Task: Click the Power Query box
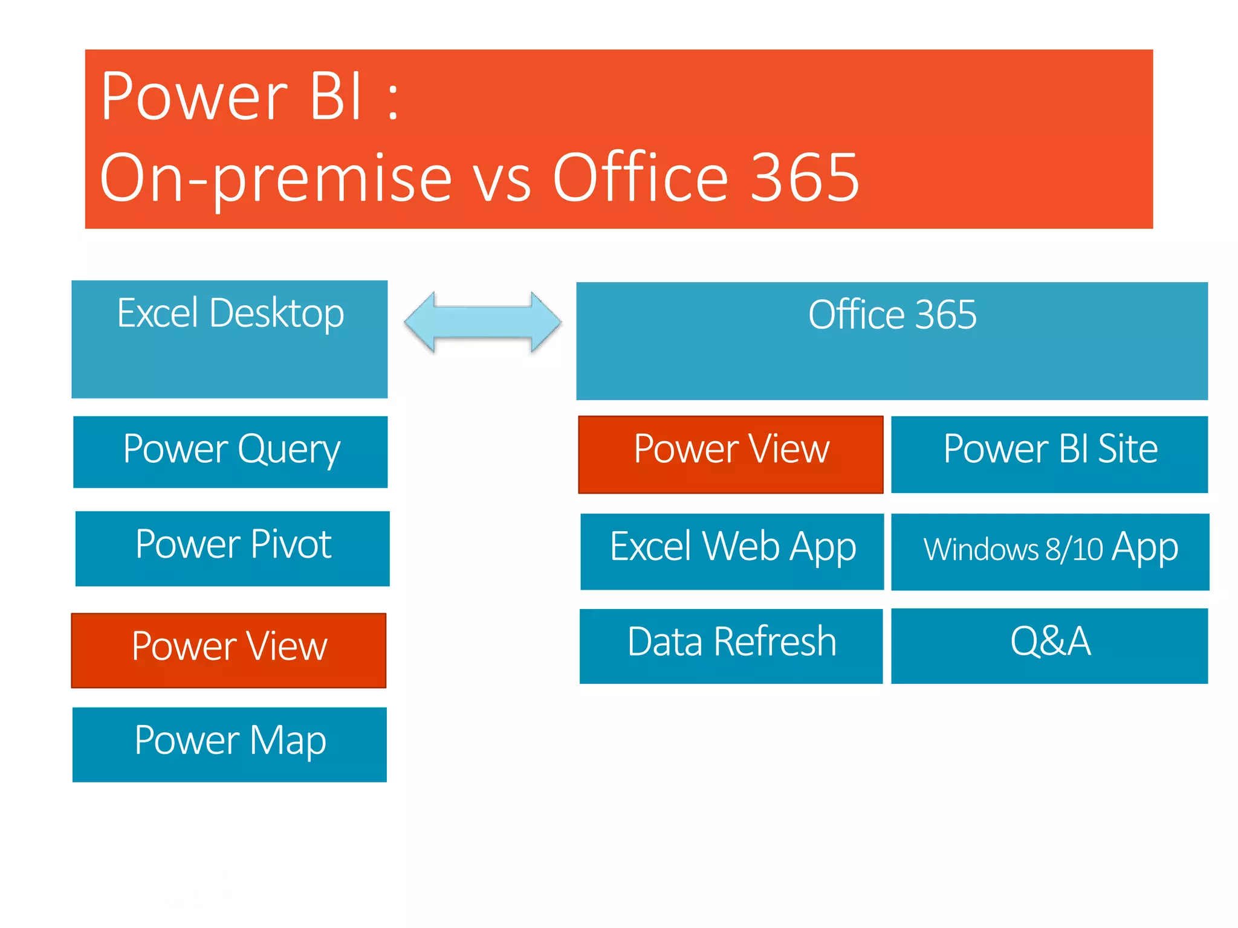pyautogui.click(x=230, y=452)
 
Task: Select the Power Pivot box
pyautogui.click(x=233, y=548)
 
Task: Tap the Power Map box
pyautogui.click(x=230, y=744)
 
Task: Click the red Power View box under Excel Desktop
pyautogui.click(x=228, y=650)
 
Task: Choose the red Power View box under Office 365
pyautogui.click(x=730, y=454)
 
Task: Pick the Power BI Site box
pyautogui.click(x=1049, y=454)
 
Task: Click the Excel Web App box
pyautogui.click(x=731, y=551)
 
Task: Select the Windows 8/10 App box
pyautogui.click(x=1050, y=551)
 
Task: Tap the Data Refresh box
pyautogui.click(x=731, y=645)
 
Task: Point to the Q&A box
pyautogui.click(x=1049, y=645)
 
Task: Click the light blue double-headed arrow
pyautogui.click(x=482, y=321)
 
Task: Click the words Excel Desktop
pyautogui.click(x=230, y=314)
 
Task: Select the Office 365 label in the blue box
pyautogui.click(x=892, y=315)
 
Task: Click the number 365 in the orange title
pyautogui.click(x=804, y=178)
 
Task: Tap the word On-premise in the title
pyautogui.click(x=276, y=178)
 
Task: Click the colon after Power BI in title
pyautogui.click(x=393, y=103)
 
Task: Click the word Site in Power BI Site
pyautogui.click(x=1127, y=449)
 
